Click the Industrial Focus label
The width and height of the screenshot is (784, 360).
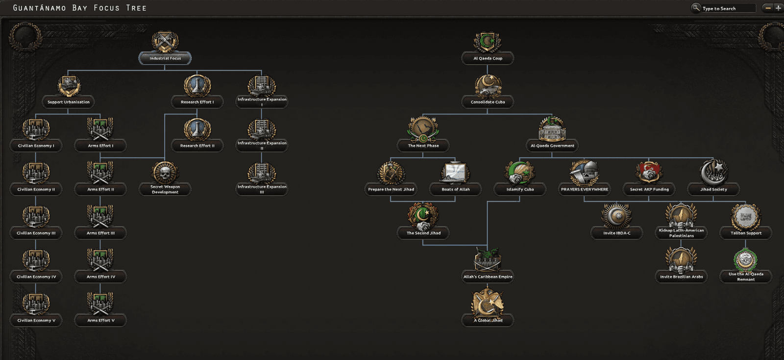[x=165, y=58]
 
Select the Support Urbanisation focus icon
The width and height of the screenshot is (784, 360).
[x=69, y=85]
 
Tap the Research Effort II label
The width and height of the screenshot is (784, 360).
[x=197, y=146]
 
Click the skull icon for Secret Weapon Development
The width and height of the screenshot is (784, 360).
[x=165, y=172]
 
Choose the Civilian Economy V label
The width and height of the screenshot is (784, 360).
[x=36, y=320]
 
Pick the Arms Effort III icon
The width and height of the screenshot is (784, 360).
[x=100, y=216]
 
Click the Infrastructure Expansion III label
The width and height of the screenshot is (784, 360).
[x=262, y=189]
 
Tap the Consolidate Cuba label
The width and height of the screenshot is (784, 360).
[x=488, y=102]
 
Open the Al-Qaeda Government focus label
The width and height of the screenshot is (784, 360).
[x=552, y=146]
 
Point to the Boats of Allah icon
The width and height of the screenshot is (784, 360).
[x=455, y=172]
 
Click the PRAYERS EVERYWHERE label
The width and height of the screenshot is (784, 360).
[x=585, y=190]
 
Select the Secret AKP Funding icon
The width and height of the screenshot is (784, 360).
[x=649, y=172]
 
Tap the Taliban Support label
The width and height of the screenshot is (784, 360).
[x=746, y=233]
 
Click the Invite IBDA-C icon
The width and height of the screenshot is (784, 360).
[x=617, y=216]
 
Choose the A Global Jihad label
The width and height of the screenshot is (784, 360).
[x=488, y=320]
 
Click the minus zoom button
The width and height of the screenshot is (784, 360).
[x=768, y=8]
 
